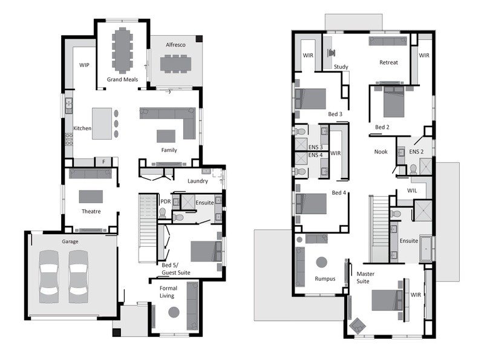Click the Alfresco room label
pyautogui.click(x=175, y=45)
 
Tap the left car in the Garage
pyautogui.click(x=49, y=277)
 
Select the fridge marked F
pyautogui.click(x=103, y=162)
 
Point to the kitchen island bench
pyautogui.click(x=102, y=123)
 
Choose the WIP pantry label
pyautogui.click(x=84, y=65)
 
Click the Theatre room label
pyautogui.click(x=91, y=212)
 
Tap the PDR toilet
pyautogui.click(x=163, y=213)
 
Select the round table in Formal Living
pyautogui.click(x=174, y=312)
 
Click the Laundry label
pyautogui.click(x=198, y=182)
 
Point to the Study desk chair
pyautogui.click(x=332, y=53)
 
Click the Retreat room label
pyautogui.click(x=388, y=62)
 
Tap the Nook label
pyautogui.click(x=381, y=152)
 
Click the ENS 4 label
pyautogui.click(x=315, y=155)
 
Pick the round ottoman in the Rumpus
pyautogui.click(x=322, y=263)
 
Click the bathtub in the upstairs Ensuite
pyautogui.click(x=427, y=249)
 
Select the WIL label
pyautogui.click(x=412, y=191)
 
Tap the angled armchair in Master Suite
pyautogui.click(x=358, y=326)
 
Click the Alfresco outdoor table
pyautogui.click(x=175, y=64)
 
